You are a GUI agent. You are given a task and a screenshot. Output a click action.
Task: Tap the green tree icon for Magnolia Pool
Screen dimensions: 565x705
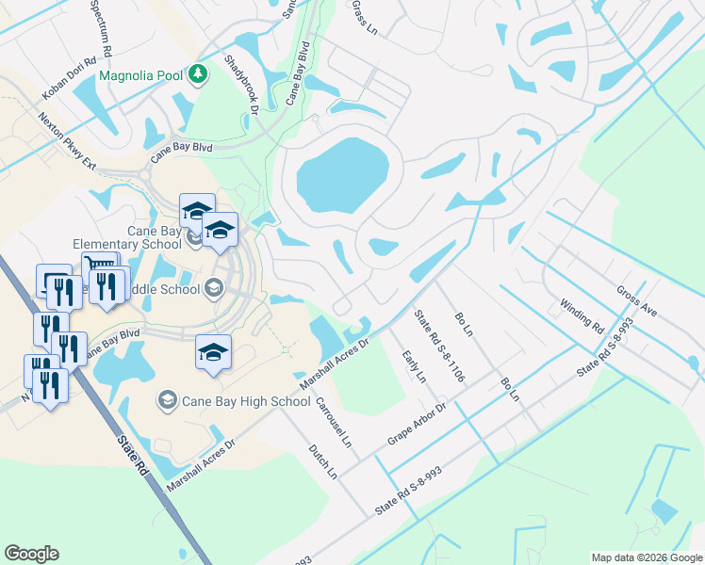pyautogui.click(x=198, y=73)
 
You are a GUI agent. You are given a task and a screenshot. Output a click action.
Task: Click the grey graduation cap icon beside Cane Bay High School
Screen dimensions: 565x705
pyautogui.click(x=167, y=401)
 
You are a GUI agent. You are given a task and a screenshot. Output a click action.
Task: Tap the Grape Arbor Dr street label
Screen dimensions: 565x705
pyautogui.click(x=417, y=425)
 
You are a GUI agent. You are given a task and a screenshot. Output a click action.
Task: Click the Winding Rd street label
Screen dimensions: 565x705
pyautogui.click(x=582, y=315)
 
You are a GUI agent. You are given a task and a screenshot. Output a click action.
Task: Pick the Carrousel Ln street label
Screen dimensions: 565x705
pyautogui.click(x=334, y=427)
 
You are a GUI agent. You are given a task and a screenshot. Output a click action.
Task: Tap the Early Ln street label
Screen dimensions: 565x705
pyautogui.click(x=414, y=365)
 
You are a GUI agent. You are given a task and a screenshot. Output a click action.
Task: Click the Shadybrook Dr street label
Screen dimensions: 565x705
pyautogui.click(x=241, y=84)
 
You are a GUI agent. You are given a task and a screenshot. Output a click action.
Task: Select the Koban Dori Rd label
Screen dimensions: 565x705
pyautogui.click(x=70, y=79)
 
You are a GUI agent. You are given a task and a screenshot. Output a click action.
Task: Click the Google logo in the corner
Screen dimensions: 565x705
pyautogui.click(x=31, y=554)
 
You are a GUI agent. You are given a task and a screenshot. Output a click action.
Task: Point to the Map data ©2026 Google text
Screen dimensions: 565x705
pyautogui.click(x=647, y=557)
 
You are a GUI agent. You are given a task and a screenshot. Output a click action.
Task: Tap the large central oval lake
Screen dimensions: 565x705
pyautogui.click(x=343, y=175)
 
